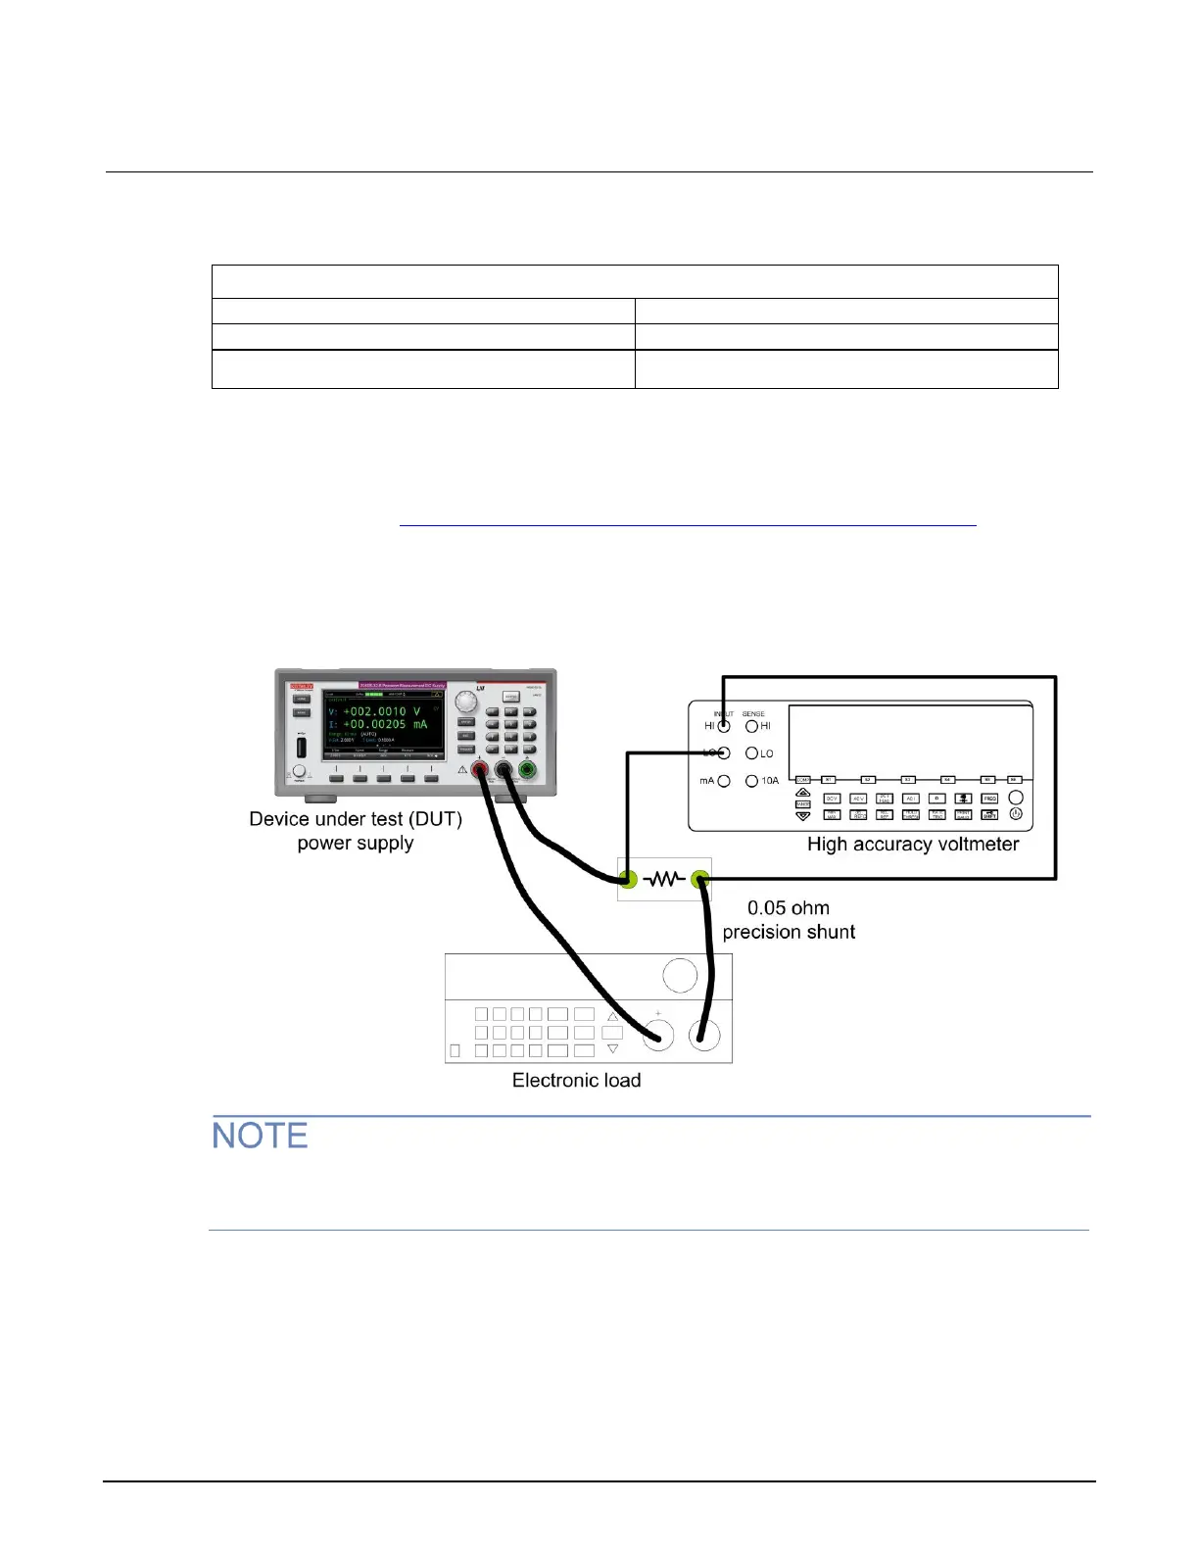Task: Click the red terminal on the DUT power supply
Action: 480,770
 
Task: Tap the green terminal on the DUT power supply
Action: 528,770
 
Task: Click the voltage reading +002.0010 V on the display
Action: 381,711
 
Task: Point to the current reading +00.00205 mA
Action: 384,724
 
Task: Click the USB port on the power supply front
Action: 301,747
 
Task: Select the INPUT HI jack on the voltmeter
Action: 724,726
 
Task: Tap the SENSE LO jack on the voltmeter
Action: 751,753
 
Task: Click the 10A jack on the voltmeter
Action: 751,781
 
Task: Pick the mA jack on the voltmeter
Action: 724,781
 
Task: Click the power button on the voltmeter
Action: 1016,813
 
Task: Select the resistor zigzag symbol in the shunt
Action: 664,880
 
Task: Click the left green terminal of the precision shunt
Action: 628,880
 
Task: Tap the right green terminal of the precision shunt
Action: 700,880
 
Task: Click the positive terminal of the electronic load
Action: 657,1035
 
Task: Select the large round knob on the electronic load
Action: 680,976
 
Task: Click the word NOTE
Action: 260,1136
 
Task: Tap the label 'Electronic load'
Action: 576,1080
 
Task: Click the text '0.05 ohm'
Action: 788,908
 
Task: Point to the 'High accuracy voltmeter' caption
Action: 912,844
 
